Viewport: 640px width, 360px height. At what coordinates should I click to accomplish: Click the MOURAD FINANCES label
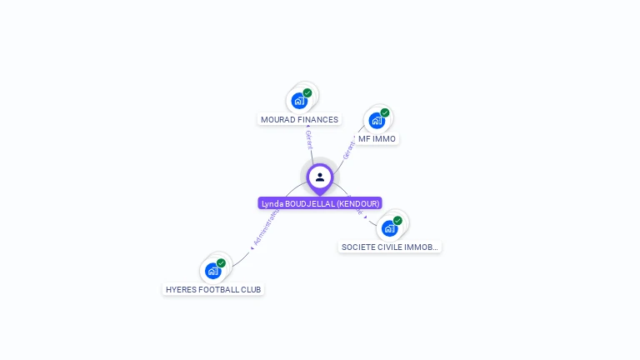click(x=299, y=119)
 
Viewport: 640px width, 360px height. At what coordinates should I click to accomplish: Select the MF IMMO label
click(x=377, y=138)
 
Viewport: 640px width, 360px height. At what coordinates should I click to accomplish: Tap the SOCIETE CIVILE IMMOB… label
click(x=389, y=247)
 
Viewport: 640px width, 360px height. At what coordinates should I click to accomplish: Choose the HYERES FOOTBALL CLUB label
click(x=213, y=289)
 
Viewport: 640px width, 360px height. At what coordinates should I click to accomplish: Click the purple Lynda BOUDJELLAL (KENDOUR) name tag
click(x=320, y=203)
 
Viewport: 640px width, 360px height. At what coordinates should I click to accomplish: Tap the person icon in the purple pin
click(x=320, y=177)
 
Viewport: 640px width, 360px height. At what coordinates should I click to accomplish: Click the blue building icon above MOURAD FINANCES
click(x=299, y=101)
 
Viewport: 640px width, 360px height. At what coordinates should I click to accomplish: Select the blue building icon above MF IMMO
click(x=376, y=120)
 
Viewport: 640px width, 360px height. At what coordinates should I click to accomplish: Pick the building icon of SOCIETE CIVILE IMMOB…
click(x=389, y=228)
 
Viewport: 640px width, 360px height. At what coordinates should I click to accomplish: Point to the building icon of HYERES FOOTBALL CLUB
click(x=212, y=271)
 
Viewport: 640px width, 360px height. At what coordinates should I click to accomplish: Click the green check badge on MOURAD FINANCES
click(x=307, y=93)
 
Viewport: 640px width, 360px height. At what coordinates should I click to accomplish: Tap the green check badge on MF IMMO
click(x=384, y=112)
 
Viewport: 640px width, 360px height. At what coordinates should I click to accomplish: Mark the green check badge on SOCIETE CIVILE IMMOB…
click(x=397, y=221)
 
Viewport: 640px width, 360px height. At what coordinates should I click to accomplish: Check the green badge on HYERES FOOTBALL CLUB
click(x=221, y=263)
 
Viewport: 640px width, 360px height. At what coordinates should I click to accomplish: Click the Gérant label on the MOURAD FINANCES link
click(x=309, y=138)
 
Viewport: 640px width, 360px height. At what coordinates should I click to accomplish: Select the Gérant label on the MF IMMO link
click(x=348, y=150)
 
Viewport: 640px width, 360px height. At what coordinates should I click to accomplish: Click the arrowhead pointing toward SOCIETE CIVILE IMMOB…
click(x=365, y=217)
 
